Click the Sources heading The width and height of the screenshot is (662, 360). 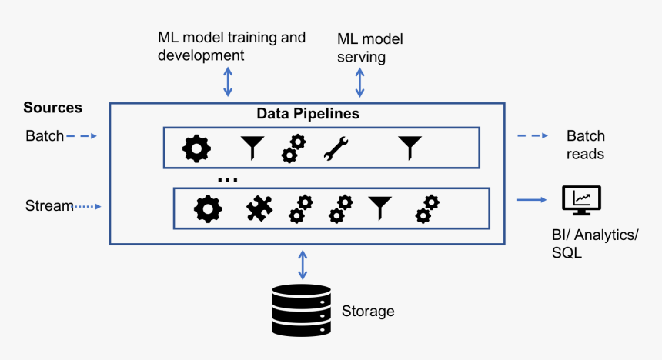point(52,108)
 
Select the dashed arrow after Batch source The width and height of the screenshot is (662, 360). point(81,136)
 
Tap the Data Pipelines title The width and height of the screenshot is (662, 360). point(307,114)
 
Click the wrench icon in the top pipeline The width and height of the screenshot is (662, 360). point(336,147)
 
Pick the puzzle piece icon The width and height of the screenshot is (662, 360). point(259,208)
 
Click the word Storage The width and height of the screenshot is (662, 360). point(368,312)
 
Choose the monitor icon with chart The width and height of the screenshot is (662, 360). point(581,201)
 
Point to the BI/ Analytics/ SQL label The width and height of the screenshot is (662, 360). point(590,243)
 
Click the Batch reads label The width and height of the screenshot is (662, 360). point(586,145)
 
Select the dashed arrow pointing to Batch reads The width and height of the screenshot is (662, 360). point(532,136)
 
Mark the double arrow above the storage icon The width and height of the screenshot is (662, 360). point(302,264)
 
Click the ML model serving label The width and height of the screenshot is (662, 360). point(370,48)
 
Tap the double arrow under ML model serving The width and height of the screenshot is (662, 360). point(359,82)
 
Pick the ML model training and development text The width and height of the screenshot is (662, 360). point(231,46)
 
